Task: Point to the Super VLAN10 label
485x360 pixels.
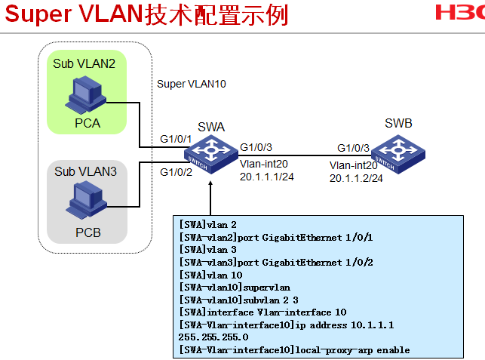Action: click(192, 84)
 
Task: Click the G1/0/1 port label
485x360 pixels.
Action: click(175, 139)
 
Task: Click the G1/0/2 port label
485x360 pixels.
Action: click(175, 172)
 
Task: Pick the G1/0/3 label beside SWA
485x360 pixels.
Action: click(256, 147)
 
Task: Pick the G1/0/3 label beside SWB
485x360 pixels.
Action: click(353, 148)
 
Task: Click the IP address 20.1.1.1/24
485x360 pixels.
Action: click(267, 177)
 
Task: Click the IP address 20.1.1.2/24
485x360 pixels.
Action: click(356, 178)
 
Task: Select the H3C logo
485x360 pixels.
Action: click(459, 14)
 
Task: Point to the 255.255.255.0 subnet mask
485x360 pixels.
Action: click(213, 337)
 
